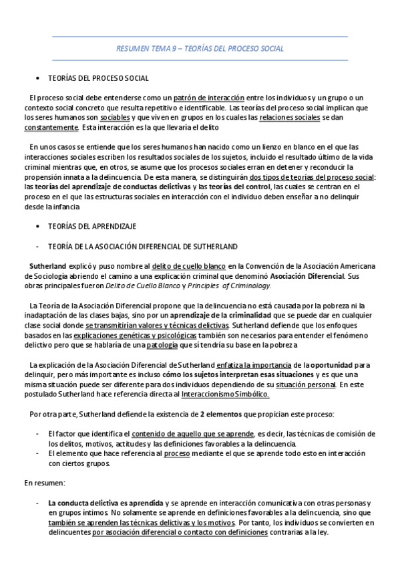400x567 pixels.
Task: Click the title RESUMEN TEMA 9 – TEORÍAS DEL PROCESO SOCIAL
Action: (x=200, y=48)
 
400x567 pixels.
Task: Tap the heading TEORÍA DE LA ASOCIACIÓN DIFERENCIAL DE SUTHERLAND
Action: (x=138, y=247)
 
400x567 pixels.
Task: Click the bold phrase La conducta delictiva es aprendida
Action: (x=105, y=502)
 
